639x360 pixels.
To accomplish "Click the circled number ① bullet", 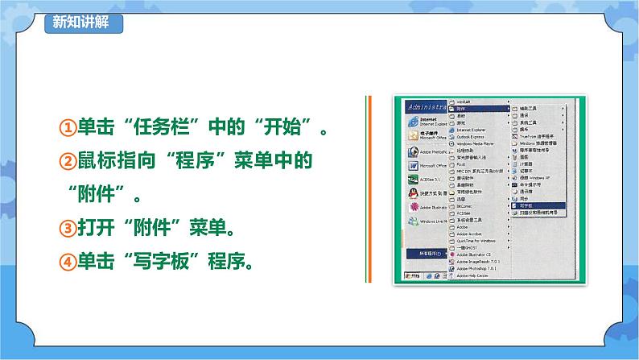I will coord(68,128).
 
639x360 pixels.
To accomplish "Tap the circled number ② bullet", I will coord(68,162).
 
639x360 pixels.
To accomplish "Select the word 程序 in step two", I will coord(196,162).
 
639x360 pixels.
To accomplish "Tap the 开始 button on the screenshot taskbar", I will coord(410,276).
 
